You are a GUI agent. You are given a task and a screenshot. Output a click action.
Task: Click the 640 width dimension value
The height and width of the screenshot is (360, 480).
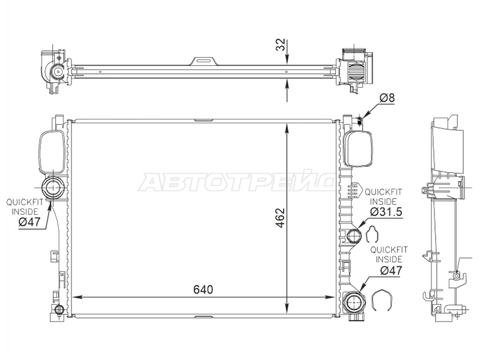pyautogui.click(x=203, y=289)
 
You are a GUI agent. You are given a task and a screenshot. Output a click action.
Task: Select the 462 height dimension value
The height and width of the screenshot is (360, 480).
pyautogui.click(x=280, y=218)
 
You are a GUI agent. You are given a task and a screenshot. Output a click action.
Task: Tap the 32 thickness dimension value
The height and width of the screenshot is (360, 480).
pyautogui.click(x=280, y=44)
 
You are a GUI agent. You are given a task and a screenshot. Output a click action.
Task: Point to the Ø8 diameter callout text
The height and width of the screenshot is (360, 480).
pyautogui.click(x=387, y=98)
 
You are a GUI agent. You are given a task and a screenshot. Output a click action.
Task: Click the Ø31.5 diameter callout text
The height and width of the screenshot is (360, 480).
pyautogui.click(x=386, y=212)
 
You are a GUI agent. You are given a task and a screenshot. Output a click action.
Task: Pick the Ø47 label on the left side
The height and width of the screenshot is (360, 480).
pyautogui.click(x=29, y=222)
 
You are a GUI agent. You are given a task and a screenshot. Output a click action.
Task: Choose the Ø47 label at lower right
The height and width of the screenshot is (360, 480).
pyautogui.click(x=391, y=271)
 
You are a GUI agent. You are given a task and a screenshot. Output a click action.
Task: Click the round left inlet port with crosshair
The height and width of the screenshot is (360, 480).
pyautogui.click(x=53, y=187)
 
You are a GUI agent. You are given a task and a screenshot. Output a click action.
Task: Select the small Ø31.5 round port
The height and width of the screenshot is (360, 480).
pyautogui.click(x=355, y=235)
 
